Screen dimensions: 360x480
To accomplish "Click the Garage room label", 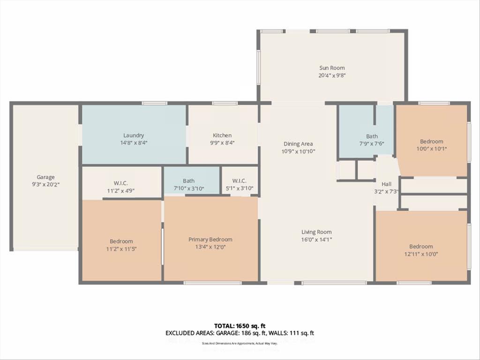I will [45, 177].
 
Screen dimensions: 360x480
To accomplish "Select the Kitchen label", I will [223, 135].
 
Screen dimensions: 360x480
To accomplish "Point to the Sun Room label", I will [332, 68].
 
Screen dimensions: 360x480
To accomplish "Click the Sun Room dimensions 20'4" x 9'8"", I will [332, 75].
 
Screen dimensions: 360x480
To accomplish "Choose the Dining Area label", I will [298, 144].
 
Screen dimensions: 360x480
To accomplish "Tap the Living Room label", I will [316, 232].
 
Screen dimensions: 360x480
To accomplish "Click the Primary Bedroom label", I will [210, 240].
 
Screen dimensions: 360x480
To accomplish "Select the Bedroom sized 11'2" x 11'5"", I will [121, 241].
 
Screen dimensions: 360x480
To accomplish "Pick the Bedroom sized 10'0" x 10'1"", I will [431, 142].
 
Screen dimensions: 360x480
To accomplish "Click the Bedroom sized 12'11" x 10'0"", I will [421, 247].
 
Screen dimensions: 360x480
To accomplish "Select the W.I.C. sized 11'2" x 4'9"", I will [120, 183].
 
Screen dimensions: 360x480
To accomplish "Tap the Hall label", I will [386, 184].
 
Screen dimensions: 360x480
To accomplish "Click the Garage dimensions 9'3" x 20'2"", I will [45, 184].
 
